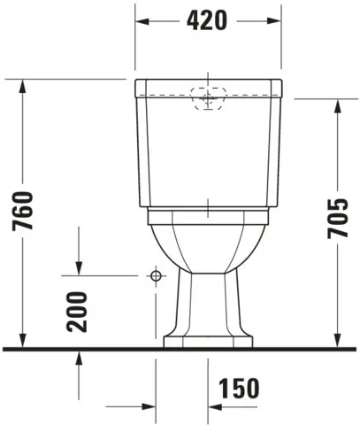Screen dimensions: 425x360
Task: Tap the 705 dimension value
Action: click(337, 217)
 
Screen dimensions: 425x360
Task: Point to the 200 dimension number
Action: click(79, 310)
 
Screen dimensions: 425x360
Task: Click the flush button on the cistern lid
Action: click(208, 99)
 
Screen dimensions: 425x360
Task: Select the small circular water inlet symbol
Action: click(156, 277)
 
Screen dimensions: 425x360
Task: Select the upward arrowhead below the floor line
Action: click(79, 355)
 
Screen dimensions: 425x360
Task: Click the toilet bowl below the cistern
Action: click(208, 243)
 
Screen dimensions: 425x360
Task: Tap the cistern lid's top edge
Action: click(208, 81)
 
